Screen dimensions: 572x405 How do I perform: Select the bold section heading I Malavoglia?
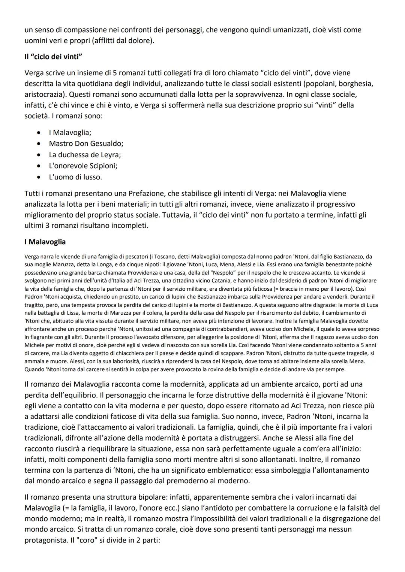pyautogui.click(x=45, y=242)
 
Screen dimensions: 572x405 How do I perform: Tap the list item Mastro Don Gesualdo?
pyautogui.click(x=86, y=143)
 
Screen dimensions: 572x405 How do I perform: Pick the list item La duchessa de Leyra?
pyautogui.click(x=85, y=155)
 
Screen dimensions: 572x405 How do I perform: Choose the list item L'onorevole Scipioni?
pyautogui.click(x=86, y=166)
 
